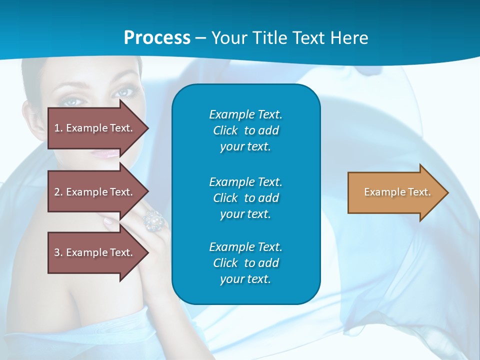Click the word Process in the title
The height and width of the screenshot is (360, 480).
[x=157, y=38]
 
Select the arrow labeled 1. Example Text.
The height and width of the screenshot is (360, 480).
[x=95, y=128]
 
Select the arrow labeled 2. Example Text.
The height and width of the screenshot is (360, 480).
[x=95, y=192]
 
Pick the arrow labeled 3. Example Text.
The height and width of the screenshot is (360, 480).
[x=95, y=252]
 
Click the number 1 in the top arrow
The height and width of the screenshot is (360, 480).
[x=57, y=128]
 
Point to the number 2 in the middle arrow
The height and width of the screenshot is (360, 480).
[x=57, y=192]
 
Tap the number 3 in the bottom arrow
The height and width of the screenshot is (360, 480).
[x=57, y=252]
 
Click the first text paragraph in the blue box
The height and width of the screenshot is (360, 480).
[x=245, y=130]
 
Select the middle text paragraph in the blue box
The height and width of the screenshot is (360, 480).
[x=245, y=198]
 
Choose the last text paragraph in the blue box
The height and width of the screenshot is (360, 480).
[x=245, y=263]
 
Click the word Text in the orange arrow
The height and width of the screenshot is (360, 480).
[x=419, y=192]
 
